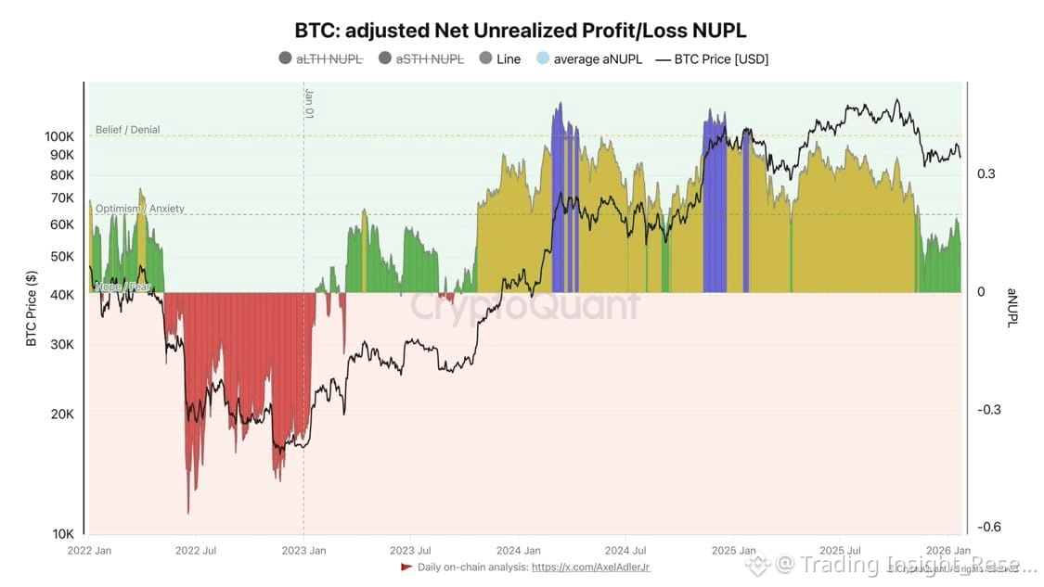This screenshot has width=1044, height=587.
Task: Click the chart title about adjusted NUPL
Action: pos(521,30)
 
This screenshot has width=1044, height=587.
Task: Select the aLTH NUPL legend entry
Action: pos(328,59)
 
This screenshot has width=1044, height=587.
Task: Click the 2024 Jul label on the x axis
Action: pos(625,550)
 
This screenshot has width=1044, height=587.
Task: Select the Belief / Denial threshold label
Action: pos(127,130)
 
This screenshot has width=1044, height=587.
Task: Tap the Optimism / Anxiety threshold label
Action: pos(140,209)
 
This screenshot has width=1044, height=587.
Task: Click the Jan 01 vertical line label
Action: pos(309,103)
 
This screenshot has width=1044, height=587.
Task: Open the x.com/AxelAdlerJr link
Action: pos(591,567)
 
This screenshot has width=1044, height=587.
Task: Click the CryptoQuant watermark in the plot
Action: pos(525,305)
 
